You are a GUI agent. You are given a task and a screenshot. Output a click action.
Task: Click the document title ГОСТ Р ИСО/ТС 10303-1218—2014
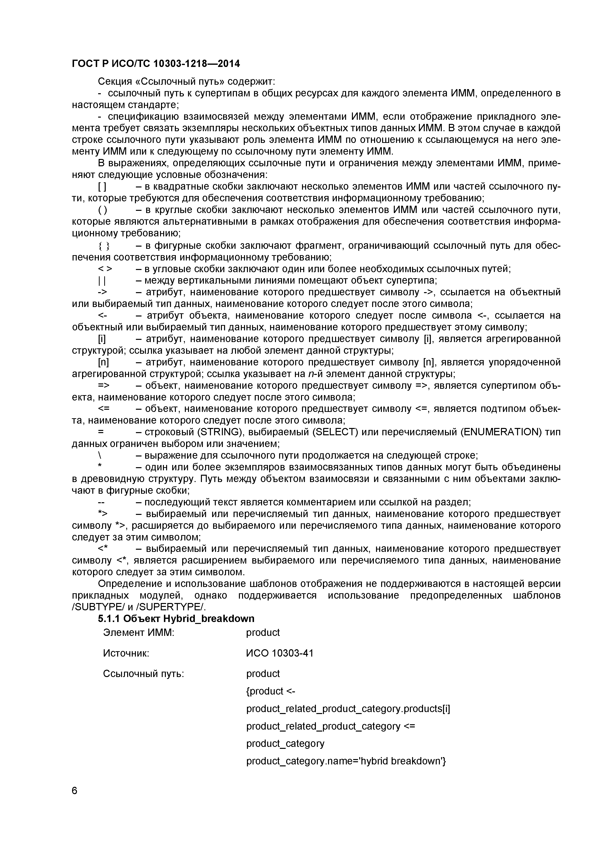point(156,64)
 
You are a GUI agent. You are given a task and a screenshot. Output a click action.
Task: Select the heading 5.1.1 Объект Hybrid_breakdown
point(176,619)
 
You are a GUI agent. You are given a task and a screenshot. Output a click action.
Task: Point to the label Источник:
point(126,653)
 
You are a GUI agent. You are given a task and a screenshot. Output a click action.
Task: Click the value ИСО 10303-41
point(280,653)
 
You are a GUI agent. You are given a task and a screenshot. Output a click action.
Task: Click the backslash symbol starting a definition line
point(100,456)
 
